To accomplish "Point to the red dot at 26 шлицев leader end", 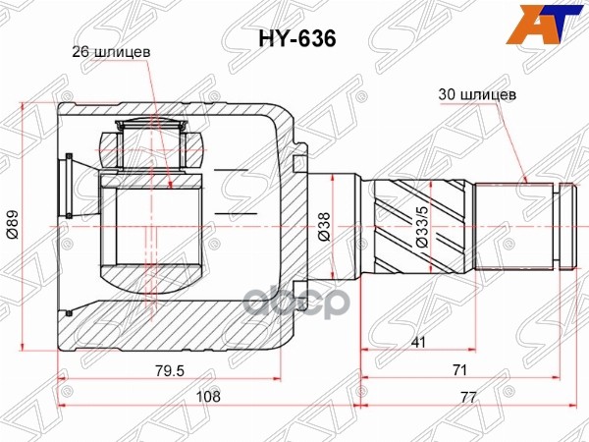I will click(x=169, y=184).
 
